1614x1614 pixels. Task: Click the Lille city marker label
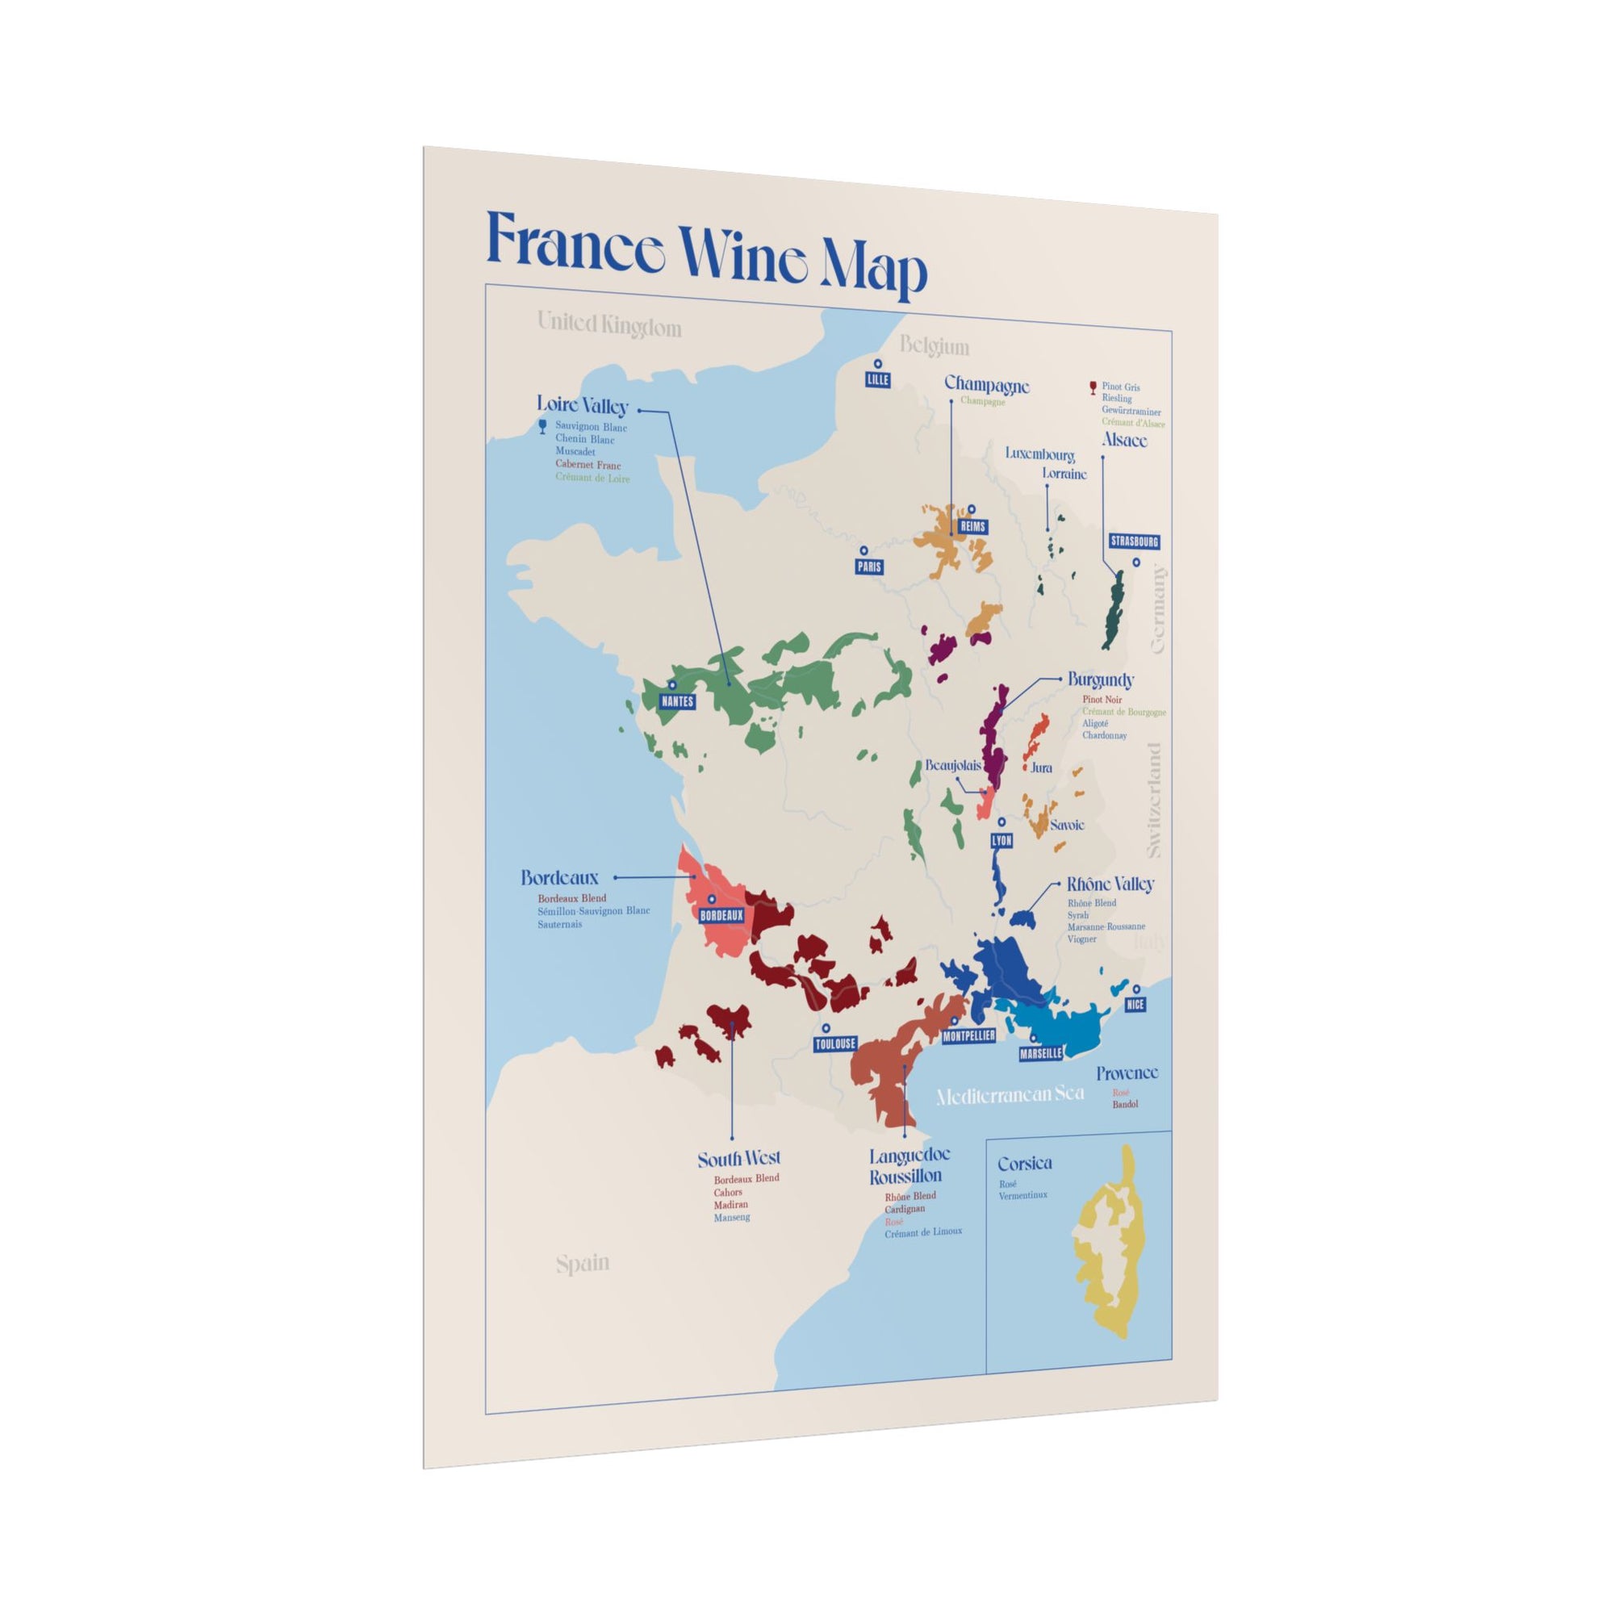878,379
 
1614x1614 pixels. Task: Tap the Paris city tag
869,567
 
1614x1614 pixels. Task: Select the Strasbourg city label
1135,541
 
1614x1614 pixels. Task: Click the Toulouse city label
835,1043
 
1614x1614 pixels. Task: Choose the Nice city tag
1134,1004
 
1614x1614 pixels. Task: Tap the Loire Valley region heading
583,406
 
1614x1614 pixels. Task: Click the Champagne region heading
987,385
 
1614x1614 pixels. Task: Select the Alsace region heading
1123,440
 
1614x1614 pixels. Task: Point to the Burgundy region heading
1100,680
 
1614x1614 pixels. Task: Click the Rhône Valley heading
1110,884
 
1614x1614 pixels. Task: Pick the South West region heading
738,1159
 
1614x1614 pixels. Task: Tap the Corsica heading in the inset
1024,1163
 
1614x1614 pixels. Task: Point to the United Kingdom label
609,325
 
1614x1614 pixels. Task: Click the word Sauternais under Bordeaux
560,925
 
